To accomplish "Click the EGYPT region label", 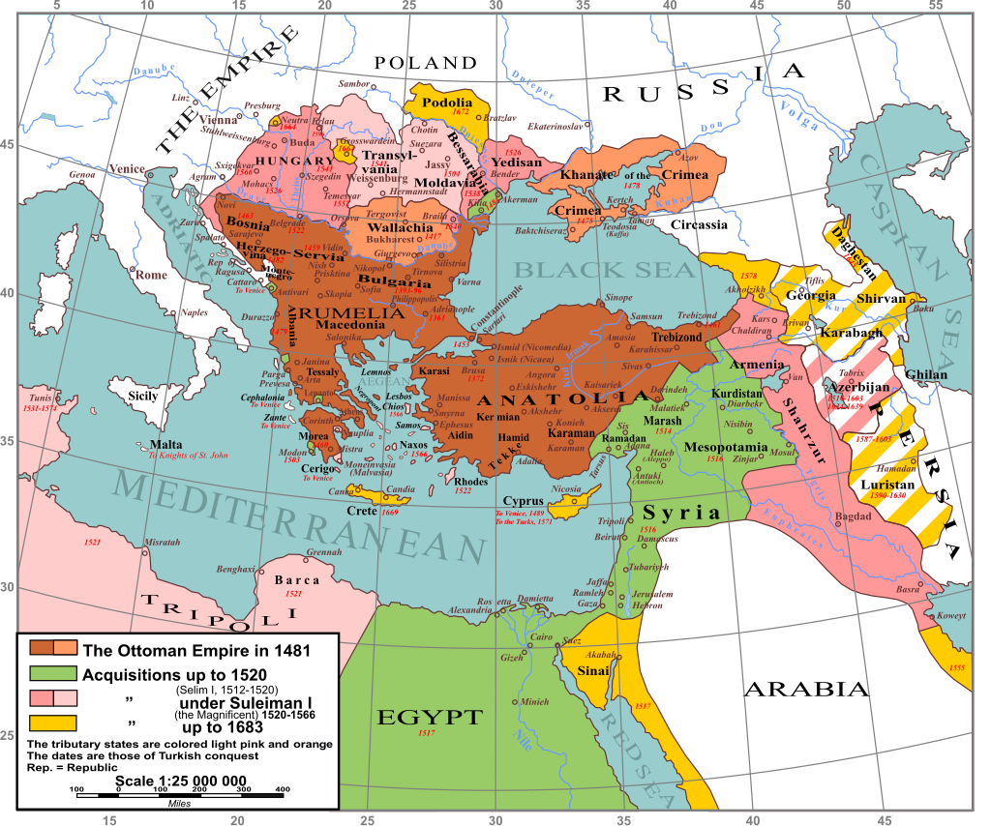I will (429, 717).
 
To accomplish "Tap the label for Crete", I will (362, 511).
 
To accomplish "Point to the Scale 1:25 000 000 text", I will (181, 782).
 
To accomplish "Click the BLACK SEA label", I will (605, 270).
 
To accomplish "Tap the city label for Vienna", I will (219, 120).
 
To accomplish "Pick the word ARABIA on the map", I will (806, 689).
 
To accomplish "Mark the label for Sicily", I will (142, 396).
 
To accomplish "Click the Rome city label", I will (151, 275).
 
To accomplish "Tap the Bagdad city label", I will (853, 516).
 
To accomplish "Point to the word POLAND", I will (426, 63).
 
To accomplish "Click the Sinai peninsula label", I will (594, 670).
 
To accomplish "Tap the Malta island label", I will (165, 445).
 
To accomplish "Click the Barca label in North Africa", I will (297, 580).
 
